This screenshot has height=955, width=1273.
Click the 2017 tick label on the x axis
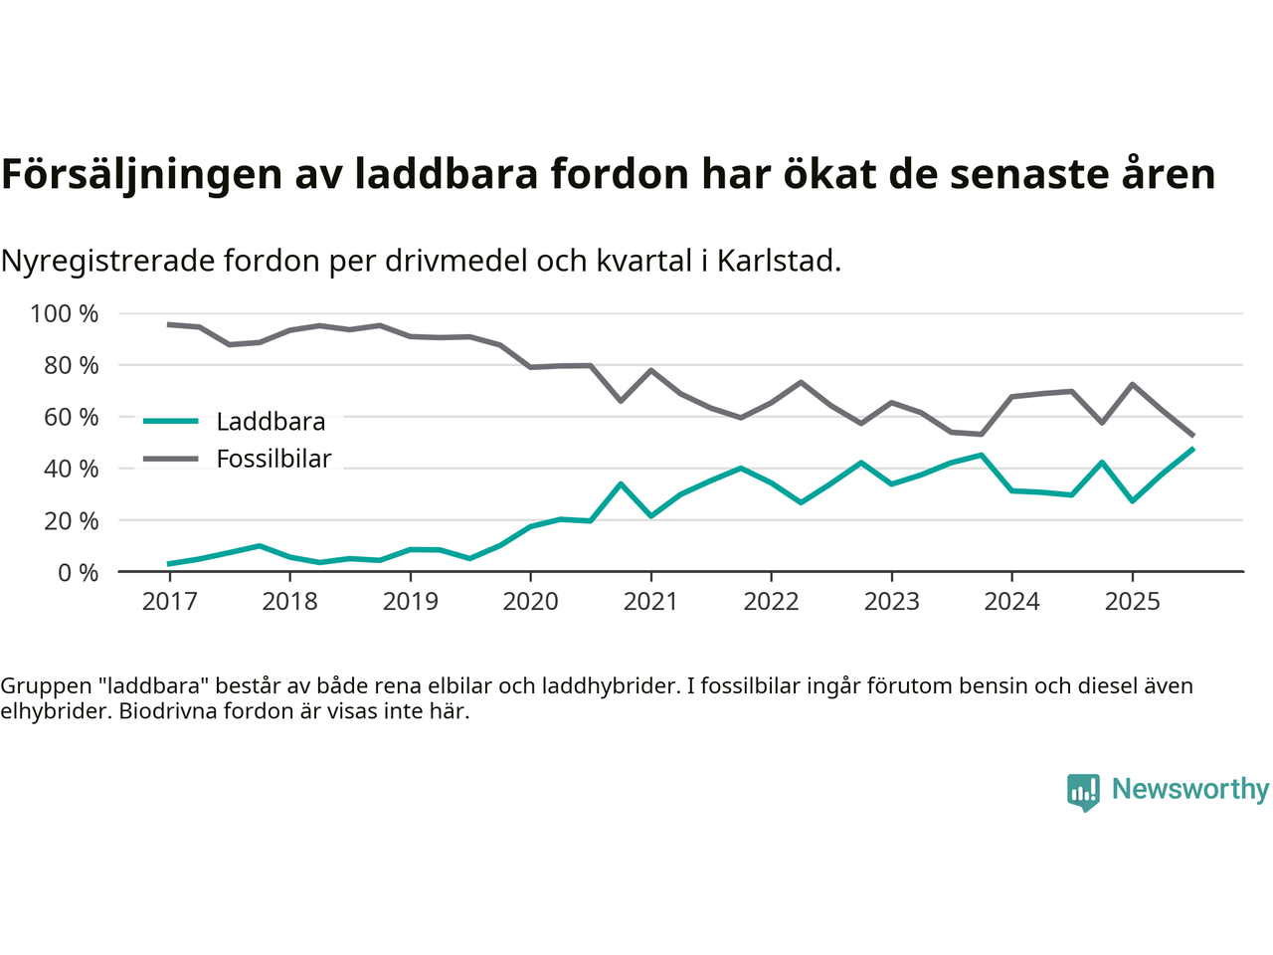pyautogui.click(x=169, y=602)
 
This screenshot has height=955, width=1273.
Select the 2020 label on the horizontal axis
pyautogui.click(x=530, y=602)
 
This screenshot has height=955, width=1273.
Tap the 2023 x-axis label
pyautogui.click(x=891, y=602)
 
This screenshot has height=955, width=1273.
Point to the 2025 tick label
pyautogui.click(x=1132, y=602)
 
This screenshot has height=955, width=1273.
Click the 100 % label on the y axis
pyautogui.click(x=65, y=314)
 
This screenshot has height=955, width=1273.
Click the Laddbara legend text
pyautogui.click(x=271, y=422)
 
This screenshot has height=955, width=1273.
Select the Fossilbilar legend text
pyautogui.click(x=273, y=460)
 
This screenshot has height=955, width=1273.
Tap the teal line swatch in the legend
pyautogui.click(x=171, y=422)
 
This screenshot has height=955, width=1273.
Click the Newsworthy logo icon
pyautogui.click(x=1083, y=792)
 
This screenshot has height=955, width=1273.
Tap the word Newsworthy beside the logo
pyautogui.click(x=1190, y=789)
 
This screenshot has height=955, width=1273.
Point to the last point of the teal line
pyautogui.click(x=1192, y=449)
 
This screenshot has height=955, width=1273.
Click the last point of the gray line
pyautogui.click(x=1192, y=436)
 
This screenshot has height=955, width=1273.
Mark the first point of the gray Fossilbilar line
pyautogui.click(x=169, y=324)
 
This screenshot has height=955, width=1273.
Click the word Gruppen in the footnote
pyautogui.click(x=41, y=686)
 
